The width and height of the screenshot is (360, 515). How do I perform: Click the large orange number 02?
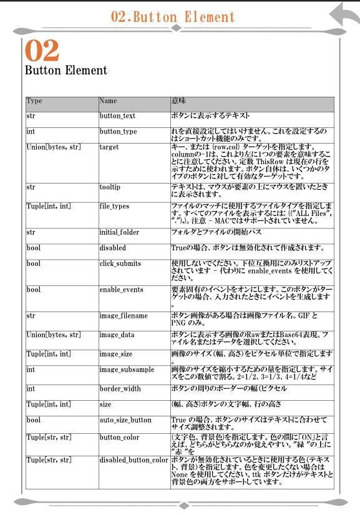[42, 51]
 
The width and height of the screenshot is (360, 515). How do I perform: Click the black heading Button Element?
[66, 71]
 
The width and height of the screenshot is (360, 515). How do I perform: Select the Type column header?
[34, 101]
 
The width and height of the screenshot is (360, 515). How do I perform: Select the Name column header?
[108, 101]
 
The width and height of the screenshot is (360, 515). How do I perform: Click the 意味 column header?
[178, 101]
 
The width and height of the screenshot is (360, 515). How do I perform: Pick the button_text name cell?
[117, 116]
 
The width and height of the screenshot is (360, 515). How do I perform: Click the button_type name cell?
[118, 132]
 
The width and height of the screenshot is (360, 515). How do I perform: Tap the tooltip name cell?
[110, 187]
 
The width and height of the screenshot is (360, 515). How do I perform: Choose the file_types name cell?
[114, 206]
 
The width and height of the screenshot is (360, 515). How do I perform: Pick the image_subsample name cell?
[127, 370]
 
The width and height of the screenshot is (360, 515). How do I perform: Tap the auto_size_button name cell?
[125, 420]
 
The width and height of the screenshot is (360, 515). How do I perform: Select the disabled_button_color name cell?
[134, 461]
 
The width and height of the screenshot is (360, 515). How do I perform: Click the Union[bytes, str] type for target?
[53, 147]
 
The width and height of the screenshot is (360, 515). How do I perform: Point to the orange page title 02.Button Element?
[173, 17]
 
